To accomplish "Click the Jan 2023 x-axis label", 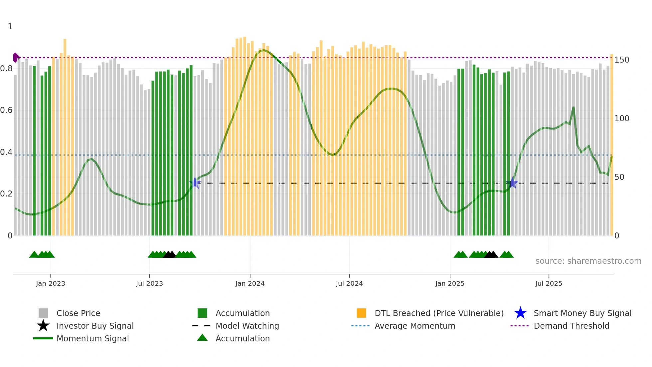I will point(51,283).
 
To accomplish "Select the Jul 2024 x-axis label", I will point(349,283).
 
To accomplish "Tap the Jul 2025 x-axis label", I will point(549,283).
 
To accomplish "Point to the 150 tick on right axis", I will point(622,60).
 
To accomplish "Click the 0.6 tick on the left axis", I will point(6,110).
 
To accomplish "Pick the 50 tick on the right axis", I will point(619,177).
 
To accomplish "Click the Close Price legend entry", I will point(78,313).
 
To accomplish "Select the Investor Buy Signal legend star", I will point(43,326).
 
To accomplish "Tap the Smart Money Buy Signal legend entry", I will point(582,313).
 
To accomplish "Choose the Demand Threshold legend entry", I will point(571,326).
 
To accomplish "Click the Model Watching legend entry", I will point(247,326).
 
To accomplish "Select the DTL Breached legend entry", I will point(439,313).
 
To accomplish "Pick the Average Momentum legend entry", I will point(414,326).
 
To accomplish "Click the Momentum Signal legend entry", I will point(92,338).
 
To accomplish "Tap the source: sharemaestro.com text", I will point(588,261).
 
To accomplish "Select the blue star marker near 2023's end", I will point(195,183).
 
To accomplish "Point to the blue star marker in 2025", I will point(513,183).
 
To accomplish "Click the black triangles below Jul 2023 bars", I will point(169,255).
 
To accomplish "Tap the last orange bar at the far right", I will point(611,145).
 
